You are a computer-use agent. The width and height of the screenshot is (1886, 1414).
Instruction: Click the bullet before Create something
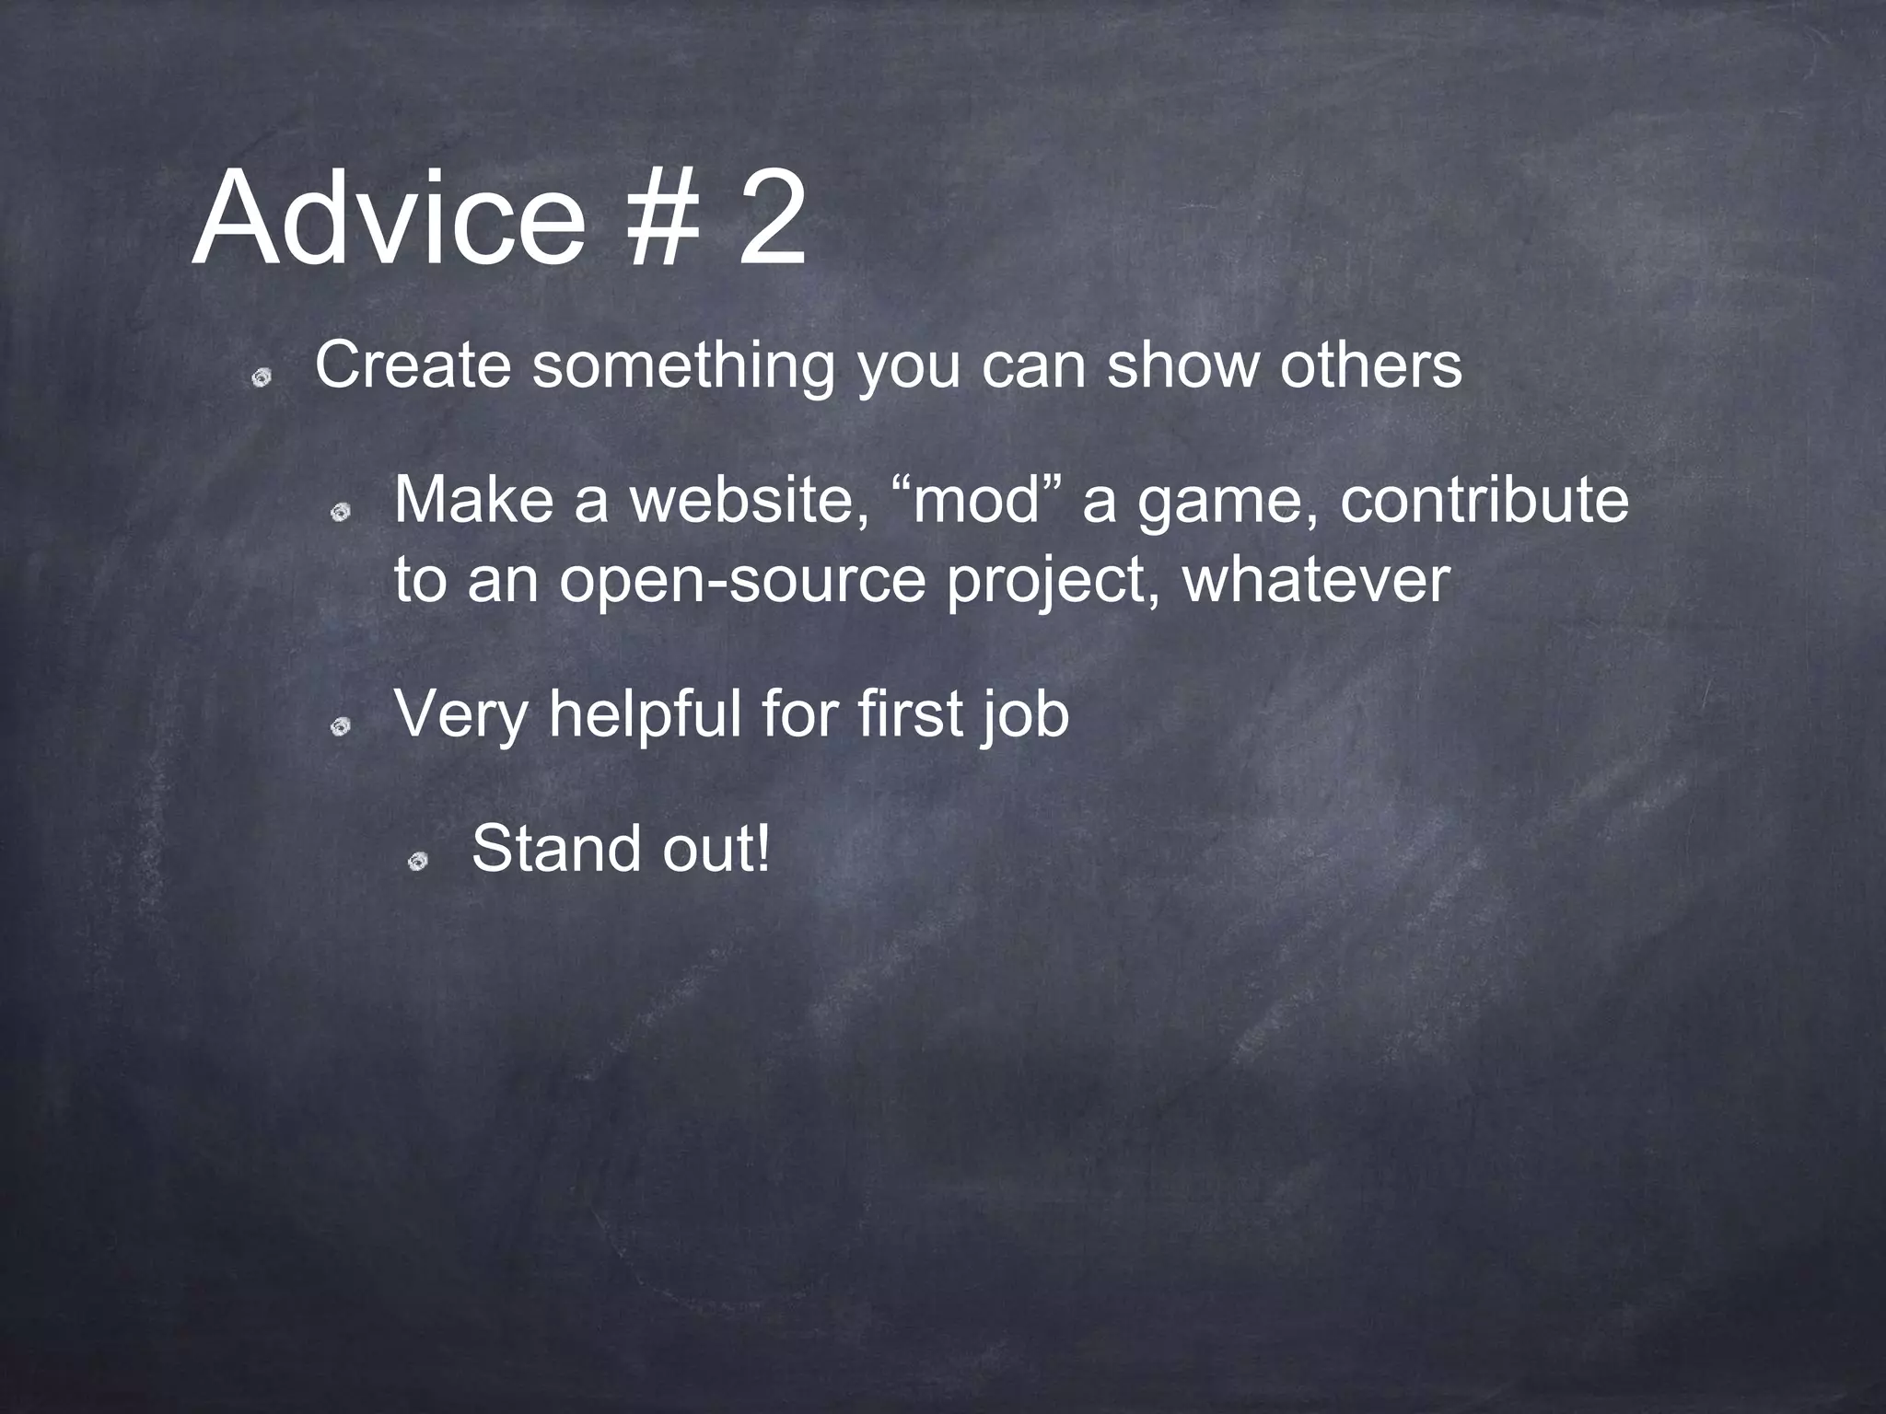262,378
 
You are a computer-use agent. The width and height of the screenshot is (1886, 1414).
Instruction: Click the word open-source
741,582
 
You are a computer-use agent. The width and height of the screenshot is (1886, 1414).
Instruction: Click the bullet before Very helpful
342,728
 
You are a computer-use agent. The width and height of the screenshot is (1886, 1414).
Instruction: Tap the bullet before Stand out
419,862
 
